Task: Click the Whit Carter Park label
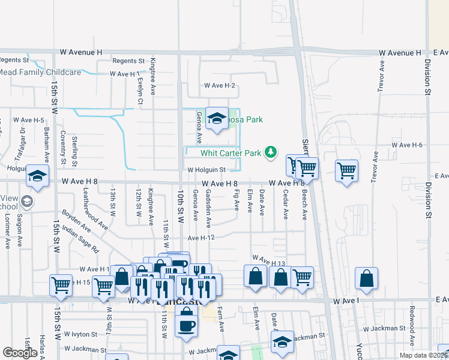click(x=231, y=153)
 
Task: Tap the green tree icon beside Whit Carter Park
click(x=271, y=152)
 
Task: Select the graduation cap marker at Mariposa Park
click(x=216, y=118)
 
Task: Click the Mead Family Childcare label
click(x=40, y=73)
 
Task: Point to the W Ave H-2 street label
click(x=219, y=86)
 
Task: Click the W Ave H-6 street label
click(x=407, y=145)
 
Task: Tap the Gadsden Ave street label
click(x=208, y=209)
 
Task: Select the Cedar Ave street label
click(x=285, y=205)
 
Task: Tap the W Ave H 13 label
click(x=268, y=260)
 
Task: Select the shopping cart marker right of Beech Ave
click(x=346, y=171)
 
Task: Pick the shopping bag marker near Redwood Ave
click(x=366, y=278)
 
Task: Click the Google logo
click(x=20, y=353)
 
